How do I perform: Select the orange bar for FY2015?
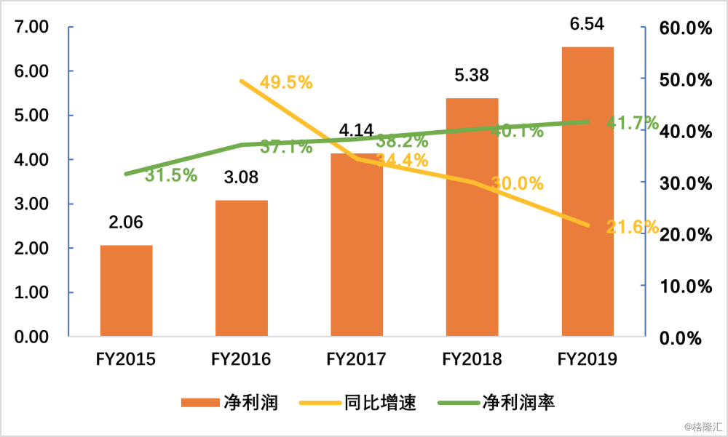point(126,291)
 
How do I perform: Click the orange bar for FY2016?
point(242,268)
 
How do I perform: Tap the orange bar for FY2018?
point(472,217)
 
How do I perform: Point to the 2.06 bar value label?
point(126,223)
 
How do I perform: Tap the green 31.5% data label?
point(170,175)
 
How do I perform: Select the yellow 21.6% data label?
point(632,227)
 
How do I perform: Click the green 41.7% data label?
point(632,123)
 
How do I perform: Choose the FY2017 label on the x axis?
point(357,359)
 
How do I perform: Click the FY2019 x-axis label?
point(587,359)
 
